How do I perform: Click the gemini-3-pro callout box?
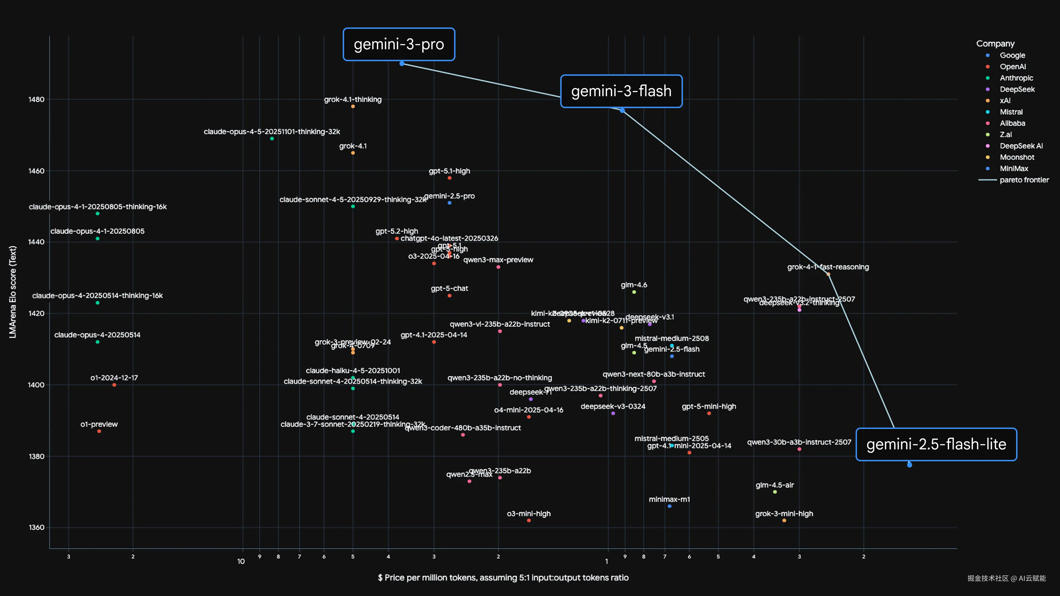click(399, 44)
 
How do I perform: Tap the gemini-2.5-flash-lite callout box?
click(936, 445)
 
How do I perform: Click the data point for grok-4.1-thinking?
click(353, 107)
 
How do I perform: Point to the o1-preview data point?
click(99, 431)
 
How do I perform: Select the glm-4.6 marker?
click(634, 292)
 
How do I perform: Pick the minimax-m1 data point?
click(669, 506)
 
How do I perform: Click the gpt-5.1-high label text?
click(449, 171)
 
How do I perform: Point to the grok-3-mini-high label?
click(784, 514)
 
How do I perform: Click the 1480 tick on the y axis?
click(36, 100)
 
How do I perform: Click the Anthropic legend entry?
click(1016, 78)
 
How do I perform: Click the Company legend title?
click(995, 44)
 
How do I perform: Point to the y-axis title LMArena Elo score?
click(13, 292)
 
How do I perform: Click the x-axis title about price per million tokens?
click(503, 578)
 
